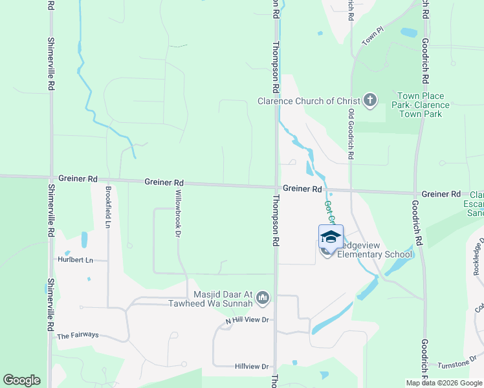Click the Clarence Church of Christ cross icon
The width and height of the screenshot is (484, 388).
point(369,100)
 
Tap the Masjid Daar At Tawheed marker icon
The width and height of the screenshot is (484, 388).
point(263,297)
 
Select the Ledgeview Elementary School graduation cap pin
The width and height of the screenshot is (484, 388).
point(330,237)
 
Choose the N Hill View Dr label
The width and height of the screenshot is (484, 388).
point(247,321)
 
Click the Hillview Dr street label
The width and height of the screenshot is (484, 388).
point(252,367)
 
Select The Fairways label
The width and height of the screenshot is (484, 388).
point(78,336)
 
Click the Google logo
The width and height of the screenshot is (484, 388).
point(21,380)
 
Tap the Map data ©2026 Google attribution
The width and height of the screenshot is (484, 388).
point(444,383)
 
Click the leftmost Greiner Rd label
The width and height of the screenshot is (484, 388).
point(77,178)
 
